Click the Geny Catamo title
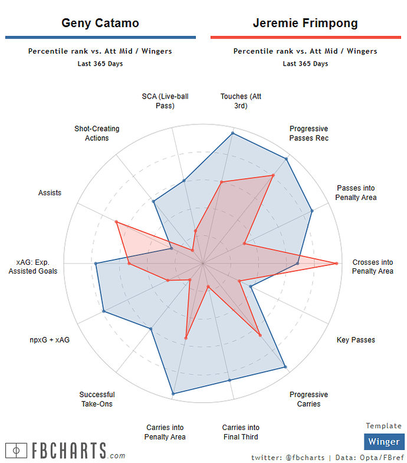100,23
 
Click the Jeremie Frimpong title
305,23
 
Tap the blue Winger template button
383,442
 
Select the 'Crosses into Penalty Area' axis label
372,267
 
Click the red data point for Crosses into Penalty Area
337,263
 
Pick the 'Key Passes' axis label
356,340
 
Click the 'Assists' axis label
50,193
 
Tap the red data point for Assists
116,222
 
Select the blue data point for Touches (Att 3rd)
233,133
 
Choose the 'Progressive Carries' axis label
308,399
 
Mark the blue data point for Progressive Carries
285,367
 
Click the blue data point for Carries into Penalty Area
173,393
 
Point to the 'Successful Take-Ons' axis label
97,399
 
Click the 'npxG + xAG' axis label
50,340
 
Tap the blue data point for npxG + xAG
104,311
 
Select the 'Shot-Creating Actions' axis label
97,133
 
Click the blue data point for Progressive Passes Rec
287,159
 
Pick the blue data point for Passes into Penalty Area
311,211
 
